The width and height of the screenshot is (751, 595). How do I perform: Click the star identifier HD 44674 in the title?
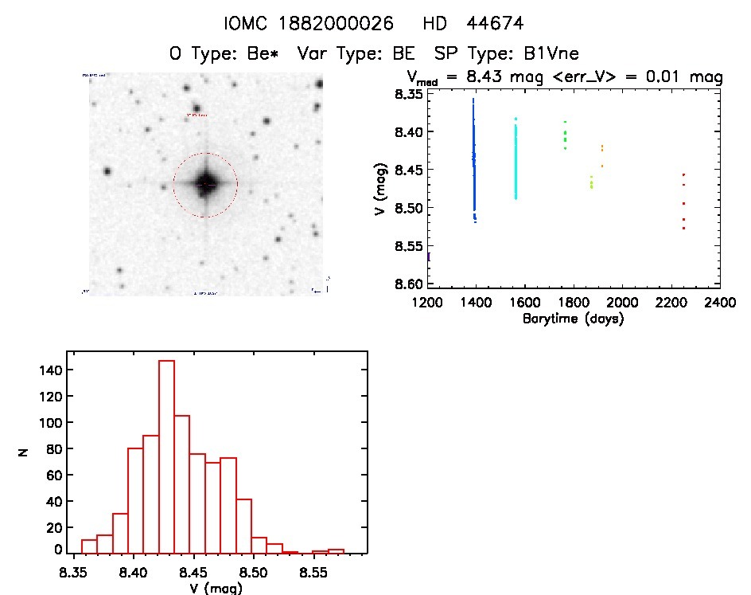(484, 23)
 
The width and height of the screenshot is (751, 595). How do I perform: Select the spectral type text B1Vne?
(545, 53)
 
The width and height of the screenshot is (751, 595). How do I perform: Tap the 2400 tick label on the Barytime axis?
(720, 303)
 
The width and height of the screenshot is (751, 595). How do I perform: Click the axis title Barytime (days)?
(573, 319)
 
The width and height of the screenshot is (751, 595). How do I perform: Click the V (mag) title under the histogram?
(216, 589)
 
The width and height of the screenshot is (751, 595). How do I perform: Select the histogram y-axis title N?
(25, 452)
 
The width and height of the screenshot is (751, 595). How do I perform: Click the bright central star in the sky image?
(206, 184)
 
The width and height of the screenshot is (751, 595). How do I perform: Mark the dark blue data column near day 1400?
(474, 159)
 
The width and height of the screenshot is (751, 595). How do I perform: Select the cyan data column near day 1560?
(516, 159)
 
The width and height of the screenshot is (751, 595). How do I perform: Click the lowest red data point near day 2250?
(683, 229)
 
